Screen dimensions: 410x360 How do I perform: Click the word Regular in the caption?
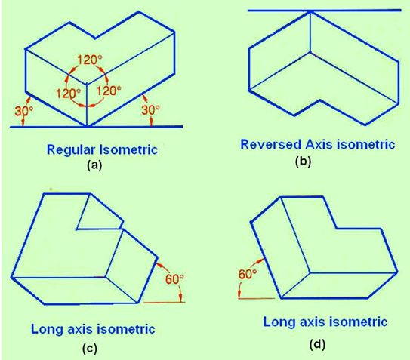[71, 150]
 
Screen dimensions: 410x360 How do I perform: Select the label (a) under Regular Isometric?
[94, 165]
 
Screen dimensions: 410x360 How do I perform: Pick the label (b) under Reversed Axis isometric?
[303, 162]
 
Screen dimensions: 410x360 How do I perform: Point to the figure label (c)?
[89, 349]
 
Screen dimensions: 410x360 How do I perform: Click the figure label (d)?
[317, 345]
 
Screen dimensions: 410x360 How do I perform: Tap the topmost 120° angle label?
[89, 60]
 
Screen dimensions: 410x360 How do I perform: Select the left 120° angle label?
[68, 94]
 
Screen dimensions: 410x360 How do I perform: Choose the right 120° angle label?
[109, 91]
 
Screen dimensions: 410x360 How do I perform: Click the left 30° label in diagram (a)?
[24, 111]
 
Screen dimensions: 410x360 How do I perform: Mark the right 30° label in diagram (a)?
[150, 110]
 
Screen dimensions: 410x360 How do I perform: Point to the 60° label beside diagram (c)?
[174, 279]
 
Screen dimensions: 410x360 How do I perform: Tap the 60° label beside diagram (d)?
[248, 274]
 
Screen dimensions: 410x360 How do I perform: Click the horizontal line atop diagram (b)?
[324, 11]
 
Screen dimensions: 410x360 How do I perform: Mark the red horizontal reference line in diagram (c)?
[164, 303]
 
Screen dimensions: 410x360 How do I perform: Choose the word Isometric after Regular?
[128, 149]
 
